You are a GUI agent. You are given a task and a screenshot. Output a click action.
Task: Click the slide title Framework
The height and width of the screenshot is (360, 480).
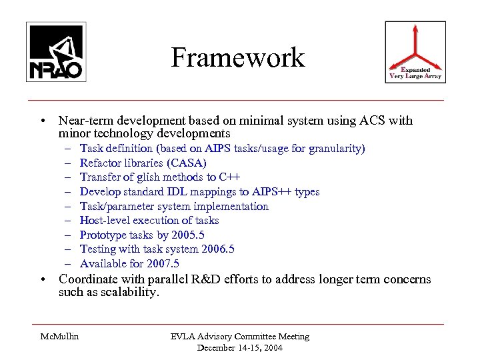[237, 58]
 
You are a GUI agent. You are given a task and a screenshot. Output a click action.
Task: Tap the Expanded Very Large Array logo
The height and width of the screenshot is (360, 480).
[415, 52]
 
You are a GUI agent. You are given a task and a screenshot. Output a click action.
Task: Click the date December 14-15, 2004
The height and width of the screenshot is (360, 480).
[239, 347]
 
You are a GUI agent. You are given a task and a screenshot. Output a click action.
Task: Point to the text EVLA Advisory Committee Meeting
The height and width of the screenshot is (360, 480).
[240, 337]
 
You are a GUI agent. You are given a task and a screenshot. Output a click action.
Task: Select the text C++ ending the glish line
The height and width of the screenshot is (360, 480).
[228, 177]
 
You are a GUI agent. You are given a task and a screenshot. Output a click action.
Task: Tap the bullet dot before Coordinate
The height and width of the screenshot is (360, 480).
[42, 279]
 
